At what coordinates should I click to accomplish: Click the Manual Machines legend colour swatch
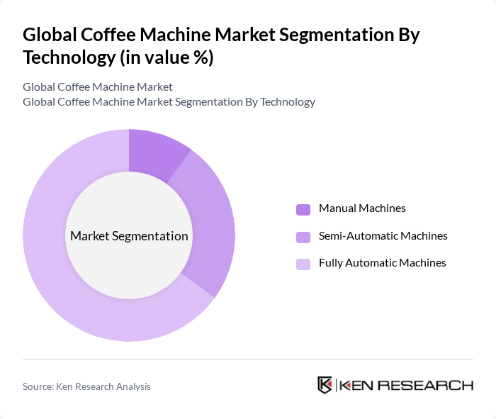(x=303, y=209)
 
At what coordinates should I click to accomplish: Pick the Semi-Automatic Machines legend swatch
(x=303, y=237)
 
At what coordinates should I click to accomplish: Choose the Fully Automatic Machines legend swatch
(x=303, y=264)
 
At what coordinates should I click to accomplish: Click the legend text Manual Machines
(x=362, y=208)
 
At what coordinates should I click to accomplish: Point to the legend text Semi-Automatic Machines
(x=383, y=235)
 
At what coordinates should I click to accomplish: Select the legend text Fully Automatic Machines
(x=382, y=262)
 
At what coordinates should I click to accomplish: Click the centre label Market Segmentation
(x=129, y=236)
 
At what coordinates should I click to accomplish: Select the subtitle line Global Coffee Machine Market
(x=98, y=86)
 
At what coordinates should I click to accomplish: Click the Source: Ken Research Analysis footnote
(x=86, y=386)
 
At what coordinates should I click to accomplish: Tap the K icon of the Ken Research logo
(x=325, y=385)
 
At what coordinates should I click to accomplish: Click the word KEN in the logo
(x=356, y=385)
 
